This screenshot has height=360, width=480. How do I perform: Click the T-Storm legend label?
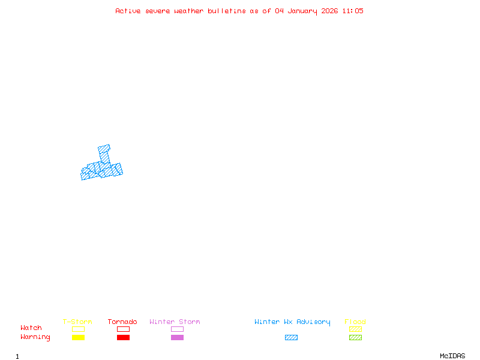[77, 322]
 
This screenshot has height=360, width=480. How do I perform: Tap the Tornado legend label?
[122, 322]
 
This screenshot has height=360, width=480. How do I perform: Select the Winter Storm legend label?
[175, 322]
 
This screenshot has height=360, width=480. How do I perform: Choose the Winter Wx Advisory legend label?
[292, 322]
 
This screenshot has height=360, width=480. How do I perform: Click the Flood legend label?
[355, 322]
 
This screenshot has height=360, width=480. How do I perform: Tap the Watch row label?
[31, 328]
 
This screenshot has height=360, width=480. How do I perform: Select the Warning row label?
[35, 337]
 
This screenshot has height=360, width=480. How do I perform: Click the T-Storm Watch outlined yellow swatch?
[78, 329]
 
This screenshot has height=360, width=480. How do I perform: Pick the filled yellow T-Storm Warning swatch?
[78, 337]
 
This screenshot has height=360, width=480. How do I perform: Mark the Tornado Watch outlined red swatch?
[123, 329]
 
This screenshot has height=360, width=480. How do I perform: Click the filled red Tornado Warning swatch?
[123, 337]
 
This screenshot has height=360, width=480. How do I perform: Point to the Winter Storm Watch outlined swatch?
[177, 329]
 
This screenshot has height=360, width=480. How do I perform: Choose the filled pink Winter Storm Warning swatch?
[177, 337]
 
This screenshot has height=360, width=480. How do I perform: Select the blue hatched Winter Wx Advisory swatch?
[291, 337]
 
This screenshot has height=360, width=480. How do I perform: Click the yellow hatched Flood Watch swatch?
[355, 329]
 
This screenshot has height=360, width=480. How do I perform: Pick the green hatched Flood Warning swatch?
[355, 337]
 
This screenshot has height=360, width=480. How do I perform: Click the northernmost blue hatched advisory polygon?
[104, 148]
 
